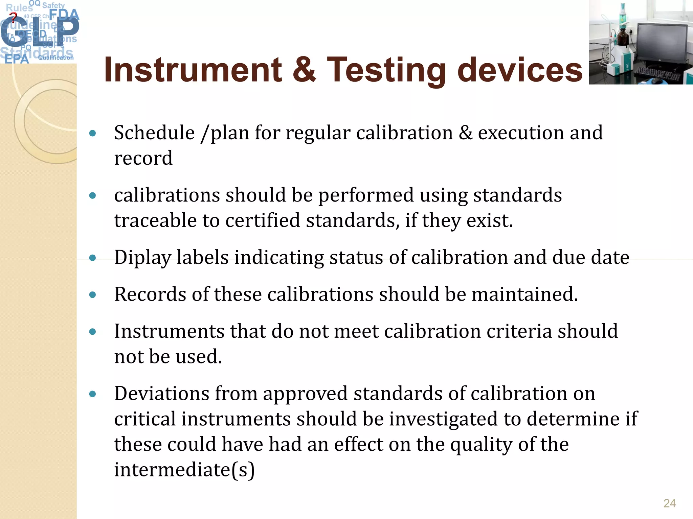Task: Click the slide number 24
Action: tap(669, 503)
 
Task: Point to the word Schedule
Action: tap(154, 133)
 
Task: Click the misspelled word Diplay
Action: tap(142, 258)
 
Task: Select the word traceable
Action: tap(155, 221)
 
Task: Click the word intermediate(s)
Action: tap(184, 470)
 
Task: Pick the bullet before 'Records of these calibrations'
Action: tap(93, 295)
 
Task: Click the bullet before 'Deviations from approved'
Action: tap(93, 394)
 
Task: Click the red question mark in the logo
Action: tap(13, 17)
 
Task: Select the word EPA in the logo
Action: tap(17, 59)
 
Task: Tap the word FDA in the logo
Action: tap(64, 15)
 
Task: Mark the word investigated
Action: tap(443, 419)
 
